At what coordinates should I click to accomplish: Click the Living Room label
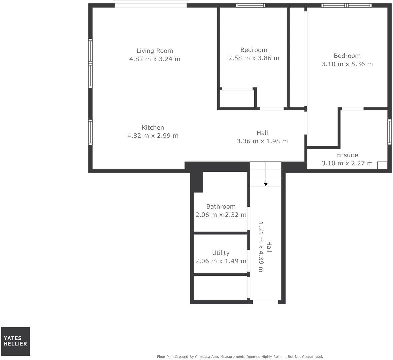coord(155,51)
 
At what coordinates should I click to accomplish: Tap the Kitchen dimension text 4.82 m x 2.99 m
coord(153,136)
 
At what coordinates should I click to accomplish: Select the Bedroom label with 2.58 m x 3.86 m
coord(254,50)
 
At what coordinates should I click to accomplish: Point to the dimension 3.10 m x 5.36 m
coord(347,64)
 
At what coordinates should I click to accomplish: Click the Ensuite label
coord(347,155)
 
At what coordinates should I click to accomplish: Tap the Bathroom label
coord(221,207)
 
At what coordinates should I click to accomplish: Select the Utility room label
coord(221,253)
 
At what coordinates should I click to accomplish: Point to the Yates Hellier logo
coord(15,341)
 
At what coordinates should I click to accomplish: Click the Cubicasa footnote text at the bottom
coord(240,356)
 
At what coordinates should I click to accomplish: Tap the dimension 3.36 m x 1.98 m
coord(262,141)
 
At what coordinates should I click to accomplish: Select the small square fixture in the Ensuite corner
coord(382,165)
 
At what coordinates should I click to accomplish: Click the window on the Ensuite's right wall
coord(389,132)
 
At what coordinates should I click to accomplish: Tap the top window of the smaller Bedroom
coord(251,5)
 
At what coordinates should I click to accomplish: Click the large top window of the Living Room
coord(150,4)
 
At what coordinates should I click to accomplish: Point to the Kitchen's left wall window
coord(90,132)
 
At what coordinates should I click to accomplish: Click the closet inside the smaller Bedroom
coord(237,99)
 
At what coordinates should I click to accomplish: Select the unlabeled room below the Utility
coord(221,288)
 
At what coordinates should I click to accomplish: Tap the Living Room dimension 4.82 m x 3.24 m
coord(155,59)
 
